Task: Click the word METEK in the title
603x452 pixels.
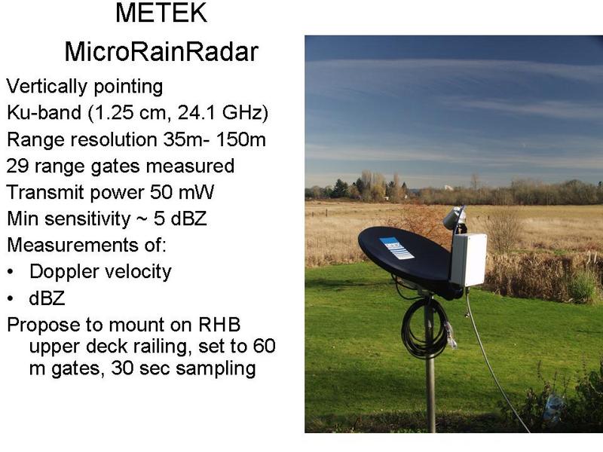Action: click(x=161, y=13)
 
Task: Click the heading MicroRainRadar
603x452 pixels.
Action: click(x=161, y=52)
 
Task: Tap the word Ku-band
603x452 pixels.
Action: click(x=44, y=112)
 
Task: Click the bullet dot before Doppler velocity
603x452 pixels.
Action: click(x=11, y=272)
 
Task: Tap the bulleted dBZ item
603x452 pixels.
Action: click(x=47, y=298)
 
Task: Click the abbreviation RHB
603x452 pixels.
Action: click(x=219, y=325)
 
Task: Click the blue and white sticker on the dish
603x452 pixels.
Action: click(x=396, y=248)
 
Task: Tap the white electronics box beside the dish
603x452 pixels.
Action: click(x=468, y=259)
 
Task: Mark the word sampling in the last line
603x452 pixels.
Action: click(x=216, y=369)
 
